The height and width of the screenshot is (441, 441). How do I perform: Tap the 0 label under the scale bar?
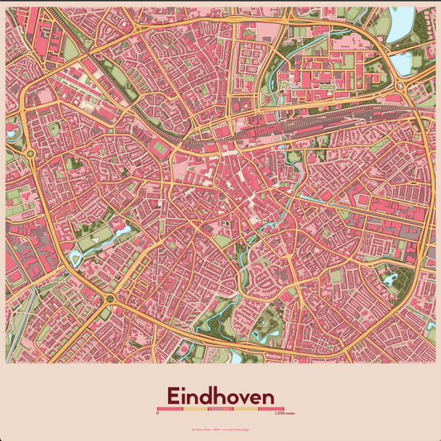(157, 414)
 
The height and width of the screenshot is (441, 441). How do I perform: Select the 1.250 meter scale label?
(273, 414)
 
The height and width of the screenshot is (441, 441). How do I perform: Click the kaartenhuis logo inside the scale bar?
(220, 409)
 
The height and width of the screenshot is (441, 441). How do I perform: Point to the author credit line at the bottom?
(220, 429)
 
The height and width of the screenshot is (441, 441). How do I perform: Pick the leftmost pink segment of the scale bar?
(170, 409)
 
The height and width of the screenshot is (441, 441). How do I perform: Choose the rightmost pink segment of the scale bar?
(271, 409)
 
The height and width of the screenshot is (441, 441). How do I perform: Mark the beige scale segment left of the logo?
(194, 409)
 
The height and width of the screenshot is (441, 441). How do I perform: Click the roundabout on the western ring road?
(31, 152)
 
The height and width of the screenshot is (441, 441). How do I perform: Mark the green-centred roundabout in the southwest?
(108, 311)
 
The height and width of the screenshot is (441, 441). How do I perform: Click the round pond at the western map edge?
(11, 130)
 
